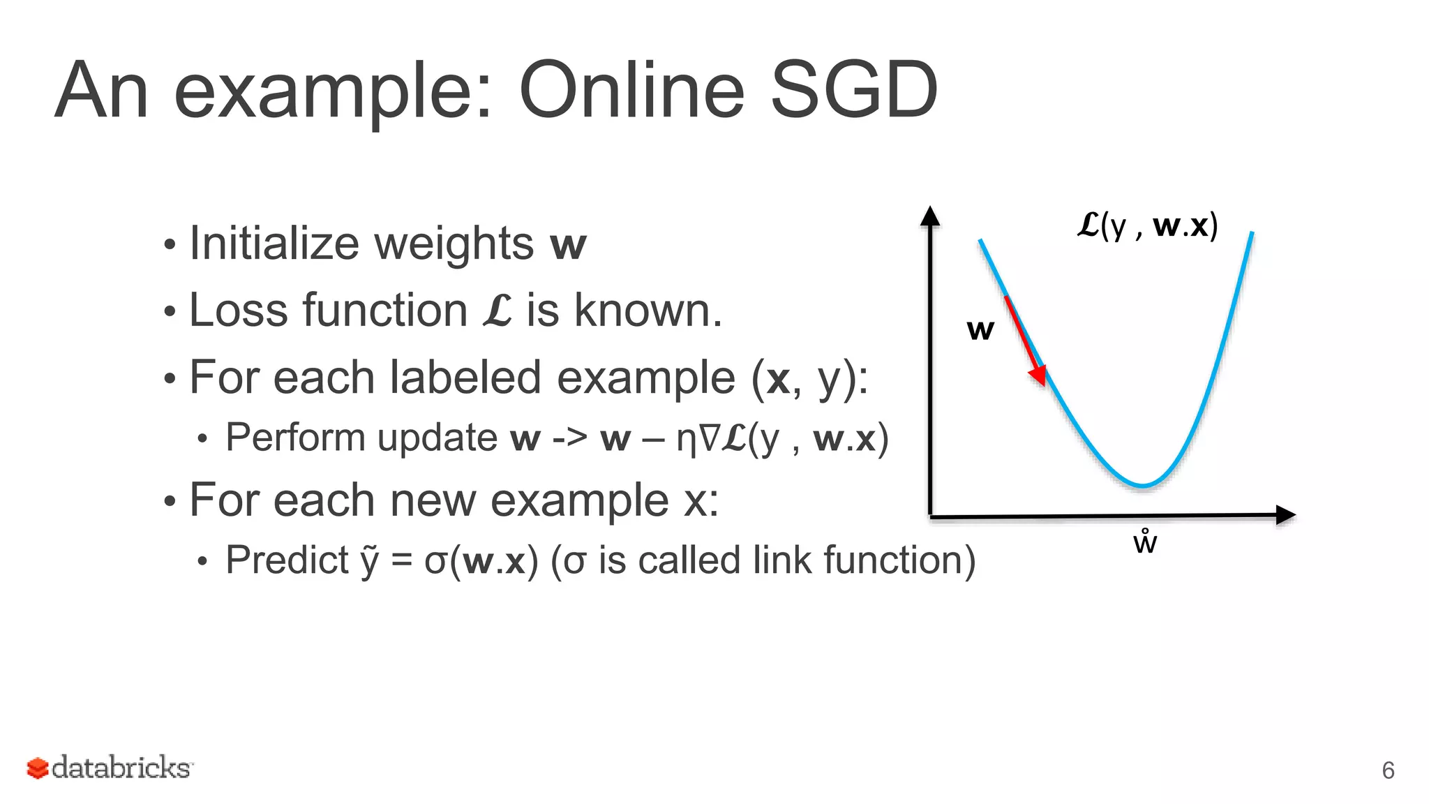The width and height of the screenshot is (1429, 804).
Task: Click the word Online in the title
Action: tap(631, 91)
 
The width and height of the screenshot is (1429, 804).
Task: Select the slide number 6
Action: tap(1388, 770)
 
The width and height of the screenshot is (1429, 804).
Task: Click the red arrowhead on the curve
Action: tap(1038, 375)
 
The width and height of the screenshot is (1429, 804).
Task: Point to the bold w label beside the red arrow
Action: tap(980, 329)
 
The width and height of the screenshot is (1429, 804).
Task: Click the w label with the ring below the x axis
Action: tap(1145, 542)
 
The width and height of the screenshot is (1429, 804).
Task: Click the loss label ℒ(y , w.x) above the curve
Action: tap(1148, 225)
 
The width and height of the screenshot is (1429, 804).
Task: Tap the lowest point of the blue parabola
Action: tap(1143, 485)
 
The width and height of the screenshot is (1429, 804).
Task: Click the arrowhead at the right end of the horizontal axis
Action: tap(1285, 515)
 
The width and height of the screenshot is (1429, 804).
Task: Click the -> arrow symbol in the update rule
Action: tap(569, 438)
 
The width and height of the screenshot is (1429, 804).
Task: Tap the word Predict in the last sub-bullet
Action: tap(287, 560)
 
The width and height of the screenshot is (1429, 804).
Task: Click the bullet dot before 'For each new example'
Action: tap(170, 501)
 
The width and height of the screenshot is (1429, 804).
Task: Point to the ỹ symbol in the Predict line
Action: tap(369, 560)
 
